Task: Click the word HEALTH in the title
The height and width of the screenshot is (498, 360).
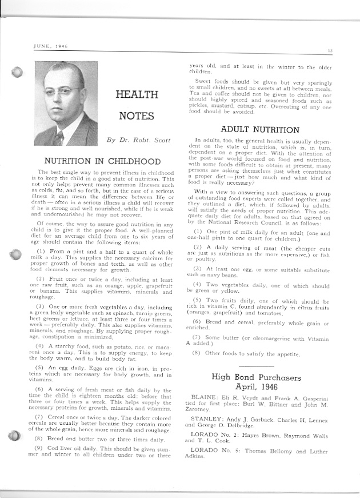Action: [137, 94]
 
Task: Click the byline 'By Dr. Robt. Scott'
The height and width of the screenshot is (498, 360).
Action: [135, 139]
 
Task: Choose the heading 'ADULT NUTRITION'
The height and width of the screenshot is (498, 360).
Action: [259, 130]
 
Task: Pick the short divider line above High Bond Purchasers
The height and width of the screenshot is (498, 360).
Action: [256, 365]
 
